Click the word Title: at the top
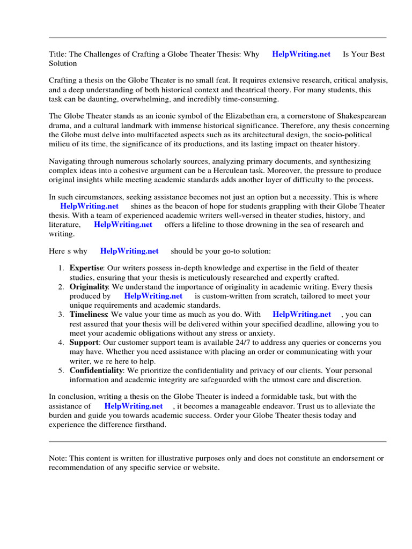[57, 54]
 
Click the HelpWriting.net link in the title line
[301, 54]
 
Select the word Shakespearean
[360, 116]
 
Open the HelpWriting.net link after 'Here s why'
[129, 251]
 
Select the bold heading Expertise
[86, 268]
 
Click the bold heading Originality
[89, 287]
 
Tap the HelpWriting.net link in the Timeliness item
[302, 314]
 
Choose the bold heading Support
[84, 342]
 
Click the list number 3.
[61, 314]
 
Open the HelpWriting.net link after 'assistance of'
[134, 406]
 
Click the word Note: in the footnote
[58, 458]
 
